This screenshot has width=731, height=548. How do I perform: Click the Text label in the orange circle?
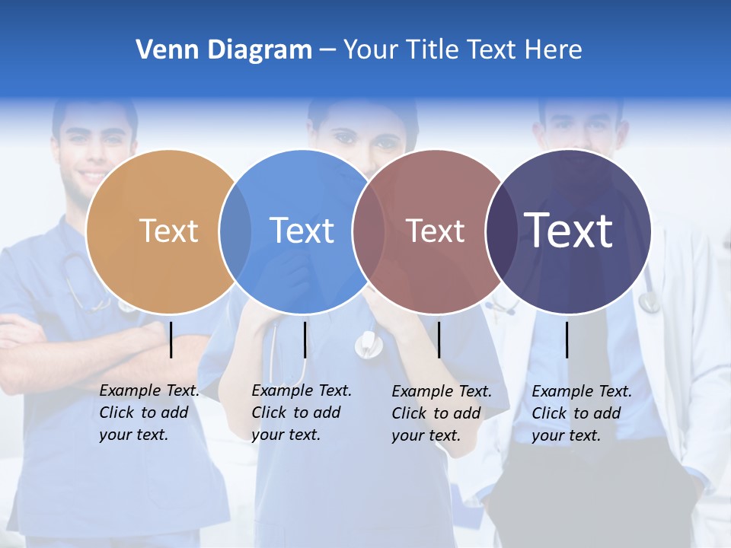point(168,231)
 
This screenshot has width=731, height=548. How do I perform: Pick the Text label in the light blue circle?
point(302,231)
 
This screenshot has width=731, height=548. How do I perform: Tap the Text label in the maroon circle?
point(435,231)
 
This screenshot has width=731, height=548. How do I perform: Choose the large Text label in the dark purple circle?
point(569,231)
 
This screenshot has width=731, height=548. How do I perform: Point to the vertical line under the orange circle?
point(171,339)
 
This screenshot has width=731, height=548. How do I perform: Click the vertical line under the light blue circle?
point(305,339)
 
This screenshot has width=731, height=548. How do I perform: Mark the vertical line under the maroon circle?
point(439,339)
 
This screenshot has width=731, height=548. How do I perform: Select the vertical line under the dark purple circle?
point(567,339)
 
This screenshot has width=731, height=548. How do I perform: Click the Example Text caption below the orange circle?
point(149,413)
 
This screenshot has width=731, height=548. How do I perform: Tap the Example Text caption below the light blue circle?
point(302,413)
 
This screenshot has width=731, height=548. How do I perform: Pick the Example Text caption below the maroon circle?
point(442,413)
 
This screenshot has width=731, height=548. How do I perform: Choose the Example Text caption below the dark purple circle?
point(582,413)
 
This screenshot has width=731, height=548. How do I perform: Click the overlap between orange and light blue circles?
point(235,231)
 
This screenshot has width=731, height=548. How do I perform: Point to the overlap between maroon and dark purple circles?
point(501,231)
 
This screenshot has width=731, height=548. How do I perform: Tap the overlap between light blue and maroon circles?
point(368,231)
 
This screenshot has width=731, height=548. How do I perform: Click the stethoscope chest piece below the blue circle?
point(369,346)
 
